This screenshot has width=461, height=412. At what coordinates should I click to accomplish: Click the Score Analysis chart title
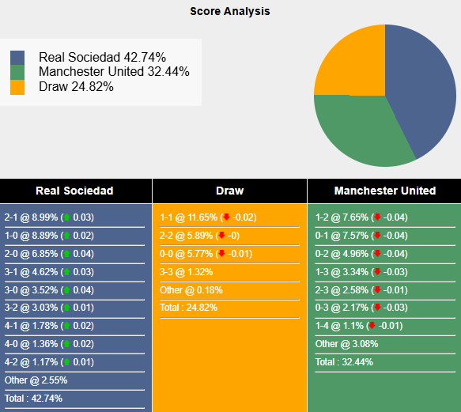click(x=229, y=11)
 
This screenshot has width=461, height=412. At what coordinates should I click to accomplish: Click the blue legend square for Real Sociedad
click(x=17, y=58)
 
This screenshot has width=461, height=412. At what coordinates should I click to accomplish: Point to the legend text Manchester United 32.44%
click(x=114, y=72)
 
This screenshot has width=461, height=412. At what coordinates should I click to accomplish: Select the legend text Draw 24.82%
click(x=76, y=86)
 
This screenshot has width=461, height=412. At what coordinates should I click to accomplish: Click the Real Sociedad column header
click(x=74, y=191)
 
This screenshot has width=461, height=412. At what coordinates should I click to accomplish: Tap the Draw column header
click(x=229, y=191)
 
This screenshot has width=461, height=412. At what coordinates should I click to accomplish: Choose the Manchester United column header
click(x=384, y=191)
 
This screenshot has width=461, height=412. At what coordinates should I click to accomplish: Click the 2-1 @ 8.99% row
click(x=49, y=217)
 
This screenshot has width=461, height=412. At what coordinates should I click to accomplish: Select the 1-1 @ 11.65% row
click(x=207, y=217)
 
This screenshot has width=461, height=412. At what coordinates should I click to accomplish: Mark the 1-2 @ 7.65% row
click(x=362, y=217)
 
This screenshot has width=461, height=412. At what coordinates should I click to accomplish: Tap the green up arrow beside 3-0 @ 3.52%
click(x=66, y=289)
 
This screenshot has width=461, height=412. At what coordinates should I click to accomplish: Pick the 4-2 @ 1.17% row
click(x=49, y=362)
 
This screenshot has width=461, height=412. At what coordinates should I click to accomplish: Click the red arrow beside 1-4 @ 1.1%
click(x=371, y=326)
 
